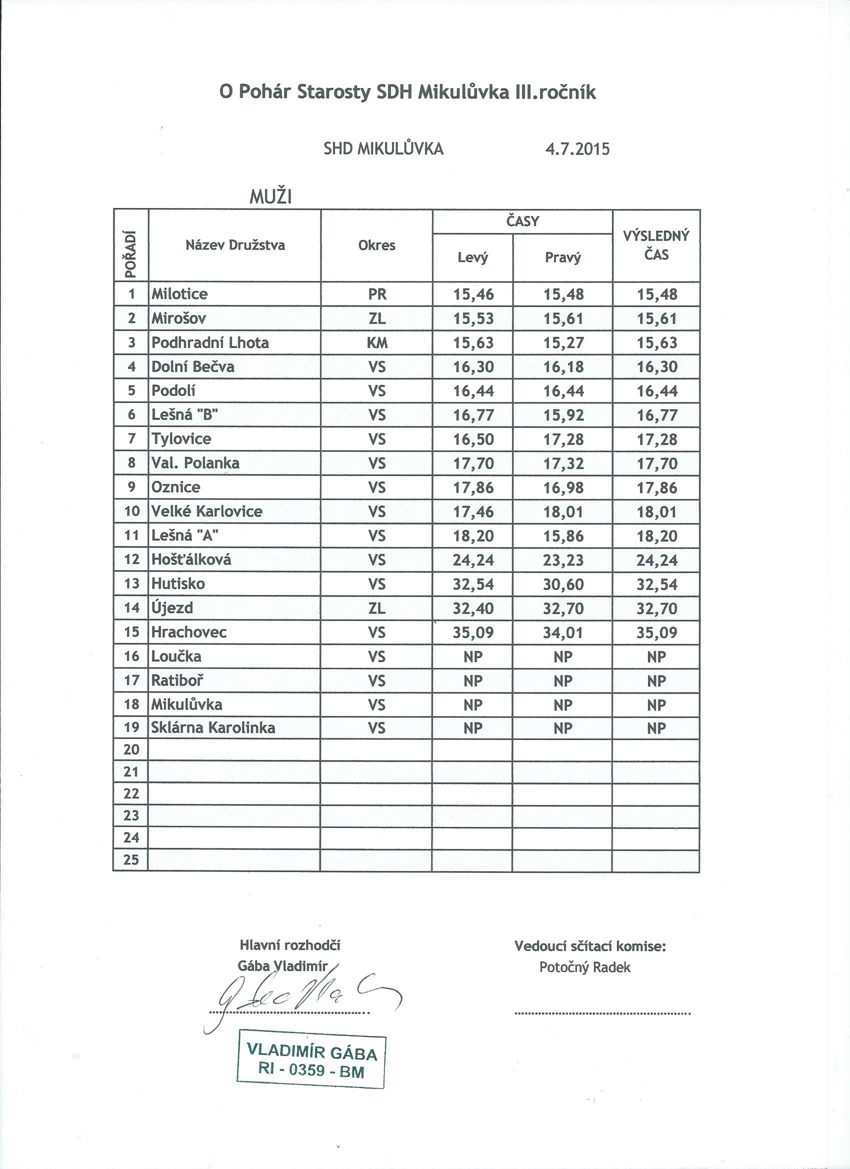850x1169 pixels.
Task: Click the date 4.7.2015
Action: coord(577,149)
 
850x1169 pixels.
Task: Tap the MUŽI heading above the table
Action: coord(270,197)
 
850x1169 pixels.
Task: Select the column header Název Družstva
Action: coord(235,245)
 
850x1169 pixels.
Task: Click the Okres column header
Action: coord(376,245)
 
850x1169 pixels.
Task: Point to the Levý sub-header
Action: coord(472,257)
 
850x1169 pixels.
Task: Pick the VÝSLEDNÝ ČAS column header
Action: coord(655,245)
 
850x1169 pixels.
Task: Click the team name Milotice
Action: coord(179,294)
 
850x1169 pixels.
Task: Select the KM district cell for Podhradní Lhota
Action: coord(377,343)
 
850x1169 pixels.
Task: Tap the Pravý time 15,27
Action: coord(563,343)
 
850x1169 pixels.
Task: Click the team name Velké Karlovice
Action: coord(206,511)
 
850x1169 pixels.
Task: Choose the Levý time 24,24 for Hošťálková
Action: coord(472,560)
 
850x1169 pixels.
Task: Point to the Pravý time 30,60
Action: coord(563,584)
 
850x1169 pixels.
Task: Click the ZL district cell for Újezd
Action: coord(377,608)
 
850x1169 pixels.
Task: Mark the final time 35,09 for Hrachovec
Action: coord(656,632)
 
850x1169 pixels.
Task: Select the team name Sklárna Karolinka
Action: coord(213,728)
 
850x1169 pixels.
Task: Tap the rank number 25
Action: coord(131,859)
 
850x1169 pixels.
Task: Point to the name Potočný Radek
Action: coord(584,967)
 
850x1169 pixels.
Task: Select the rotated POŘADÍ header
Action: coord(131,254)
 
